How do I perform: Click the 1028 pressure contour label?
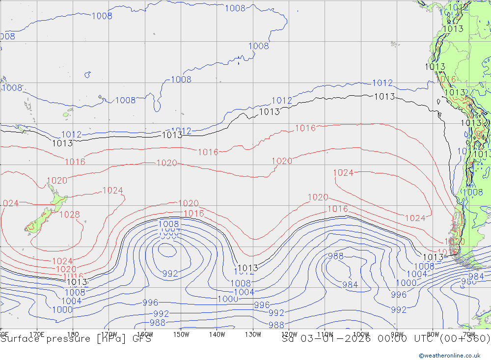[x=69, y=215]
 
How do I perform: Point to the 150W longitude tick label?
[x=181, y=334]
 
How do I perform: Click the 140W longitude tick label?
[x=217, y=334]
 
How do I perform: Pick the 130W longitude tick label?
[x=253, y=334]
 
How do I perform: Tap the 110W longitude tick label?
[x=325, y=334]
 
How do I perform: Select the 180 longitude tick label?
[x=73, y=334]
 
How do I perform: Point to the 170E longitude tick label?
[x=37, y=334]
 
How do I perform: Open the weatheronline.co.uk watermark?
[x=449, y=355]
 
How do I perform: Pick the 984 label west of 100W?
[x=350, y=284]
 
